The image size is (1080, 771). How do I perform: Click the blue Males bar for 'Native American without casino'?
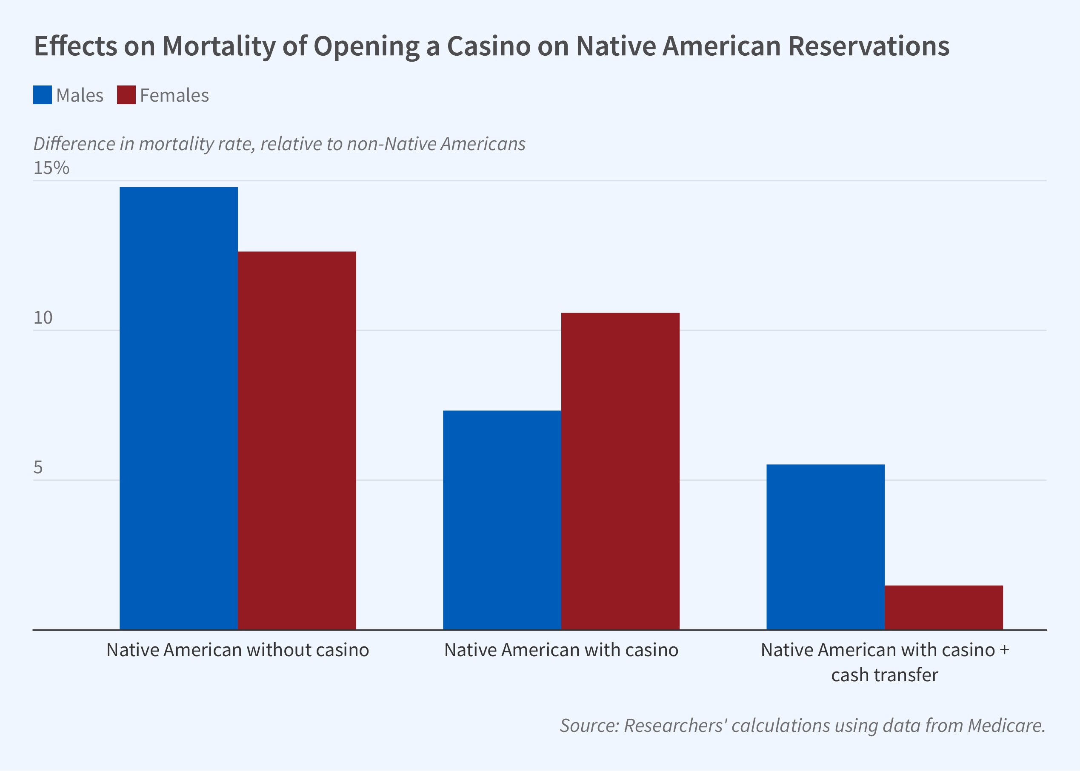tap(179, 408)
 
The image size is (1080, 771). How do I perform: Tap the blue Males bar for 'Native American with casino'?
tap(502, 520)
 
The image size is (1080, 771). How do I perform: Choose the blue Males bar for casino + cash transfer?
tap(826, 547)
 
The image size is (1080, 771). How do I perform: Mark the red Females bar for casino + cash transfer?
tap(944, 607)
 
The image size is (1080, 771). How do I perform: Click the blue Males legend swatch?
tap(42, 95)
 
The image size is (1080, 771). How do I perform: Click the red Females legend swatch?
tap(126, 95)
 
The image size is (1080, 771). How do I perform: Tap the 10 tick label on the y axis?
tap(43, 318)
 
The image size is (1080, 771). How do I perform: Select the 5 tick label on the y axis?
tap(38, 468)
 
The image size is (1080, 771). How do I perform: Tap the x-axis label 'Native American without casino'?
tap(237, 650)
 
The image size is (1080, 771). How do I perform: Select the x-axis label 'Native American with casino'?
tap(561, 650)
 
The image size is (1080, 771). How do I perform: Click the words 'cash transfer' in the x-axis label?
tap(884, 674)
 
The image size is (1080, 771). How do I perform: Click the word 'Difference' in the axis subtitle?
tap(74, 143)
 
